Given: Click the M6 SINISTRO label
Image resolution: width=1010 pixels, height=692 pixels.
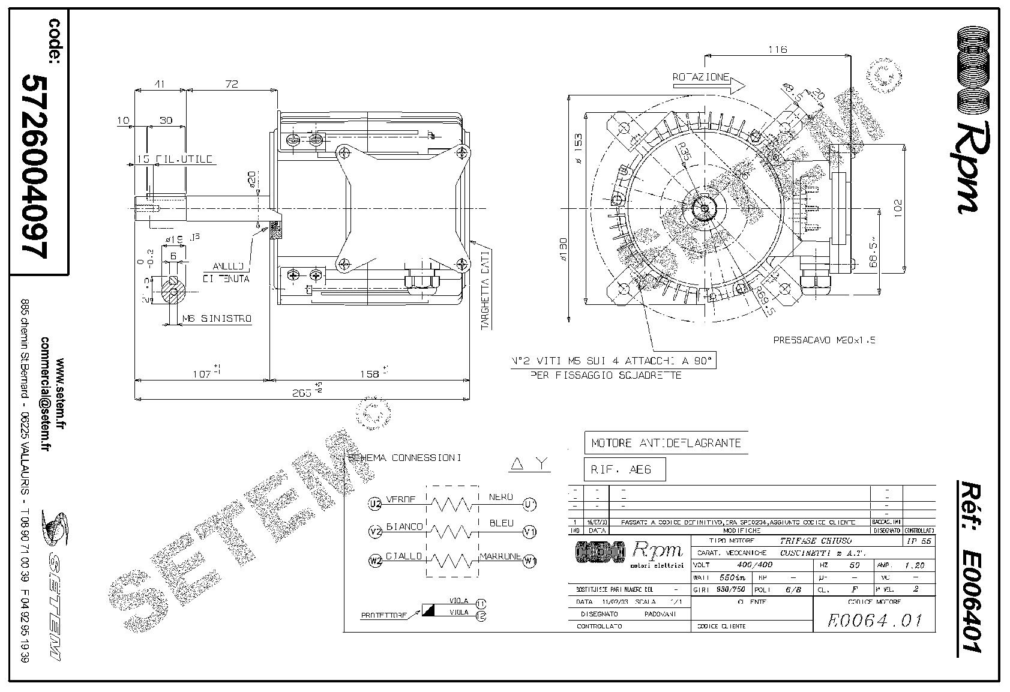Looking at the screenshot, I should point(217,319).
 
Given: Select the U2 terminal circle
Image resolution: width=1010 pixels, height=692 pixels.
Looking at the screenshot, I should point(374,505).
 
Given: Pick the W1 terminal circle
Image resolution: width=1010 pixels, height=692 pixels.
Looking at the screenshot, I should point(529,562).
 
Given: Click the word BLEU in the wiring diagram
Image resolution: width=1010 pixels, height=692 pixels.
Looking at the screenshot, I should point(501,523).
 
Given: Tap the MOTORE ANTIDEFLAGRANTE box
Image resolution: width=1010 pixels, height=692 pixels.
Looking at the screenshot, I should point(666,443).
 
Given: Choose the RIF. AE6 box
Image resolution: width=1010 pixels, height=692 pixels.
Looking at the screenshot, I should point(624,469).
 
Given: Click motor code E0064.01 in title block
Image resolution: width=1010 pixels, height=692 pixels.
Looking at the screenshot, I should point(874,620).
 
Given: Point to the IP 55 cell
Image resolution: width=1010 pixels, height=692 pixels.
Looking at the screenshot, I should point(918,541).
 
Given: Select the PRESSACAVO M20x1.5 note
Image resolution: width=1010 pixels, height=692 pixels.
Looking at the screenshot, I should point(824,340).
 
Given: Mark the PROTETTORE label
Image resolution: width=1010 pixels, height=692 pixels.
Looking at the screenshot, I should point(384,615).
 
